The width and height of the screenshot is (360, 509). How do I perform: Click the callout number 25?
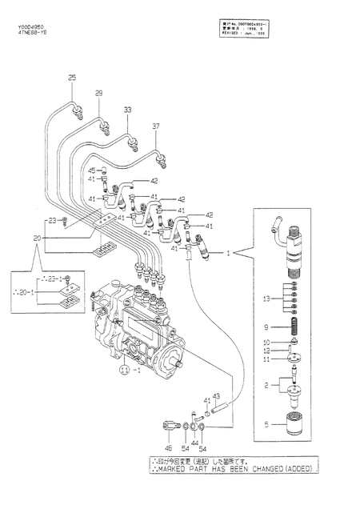point(72,77)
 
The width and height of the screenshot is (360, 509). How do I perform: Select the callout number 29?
point(99,94)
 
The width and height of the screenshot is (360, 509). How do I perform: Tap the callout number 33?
point(127,109)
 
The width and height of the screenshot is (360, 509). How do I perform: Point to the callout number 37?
point(157,126)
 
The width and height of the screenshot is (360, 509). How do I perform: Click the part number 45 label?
point(92,170)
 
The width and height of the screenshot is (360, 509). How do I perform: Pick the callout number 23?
point(52,220)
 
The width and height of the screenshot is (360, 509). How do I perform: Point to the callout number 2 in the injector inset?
point(278,386)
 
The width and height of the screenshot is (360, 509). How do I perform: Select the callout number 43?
point(216,397)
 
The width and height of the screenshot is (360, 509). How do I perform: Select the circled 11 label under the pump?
point(125,371)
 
